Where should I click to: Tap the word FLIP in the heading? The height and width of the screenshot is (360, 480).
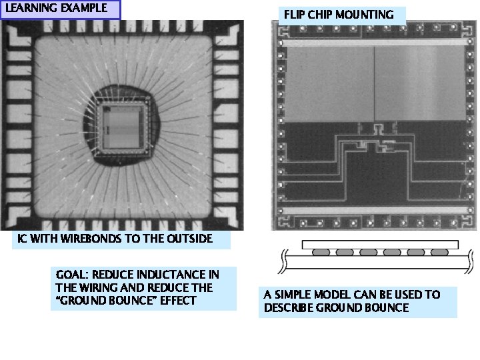[x=295, y=14]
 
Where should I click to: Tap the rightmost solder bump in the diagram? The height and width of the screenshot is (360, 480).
[x=439, y=253]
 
